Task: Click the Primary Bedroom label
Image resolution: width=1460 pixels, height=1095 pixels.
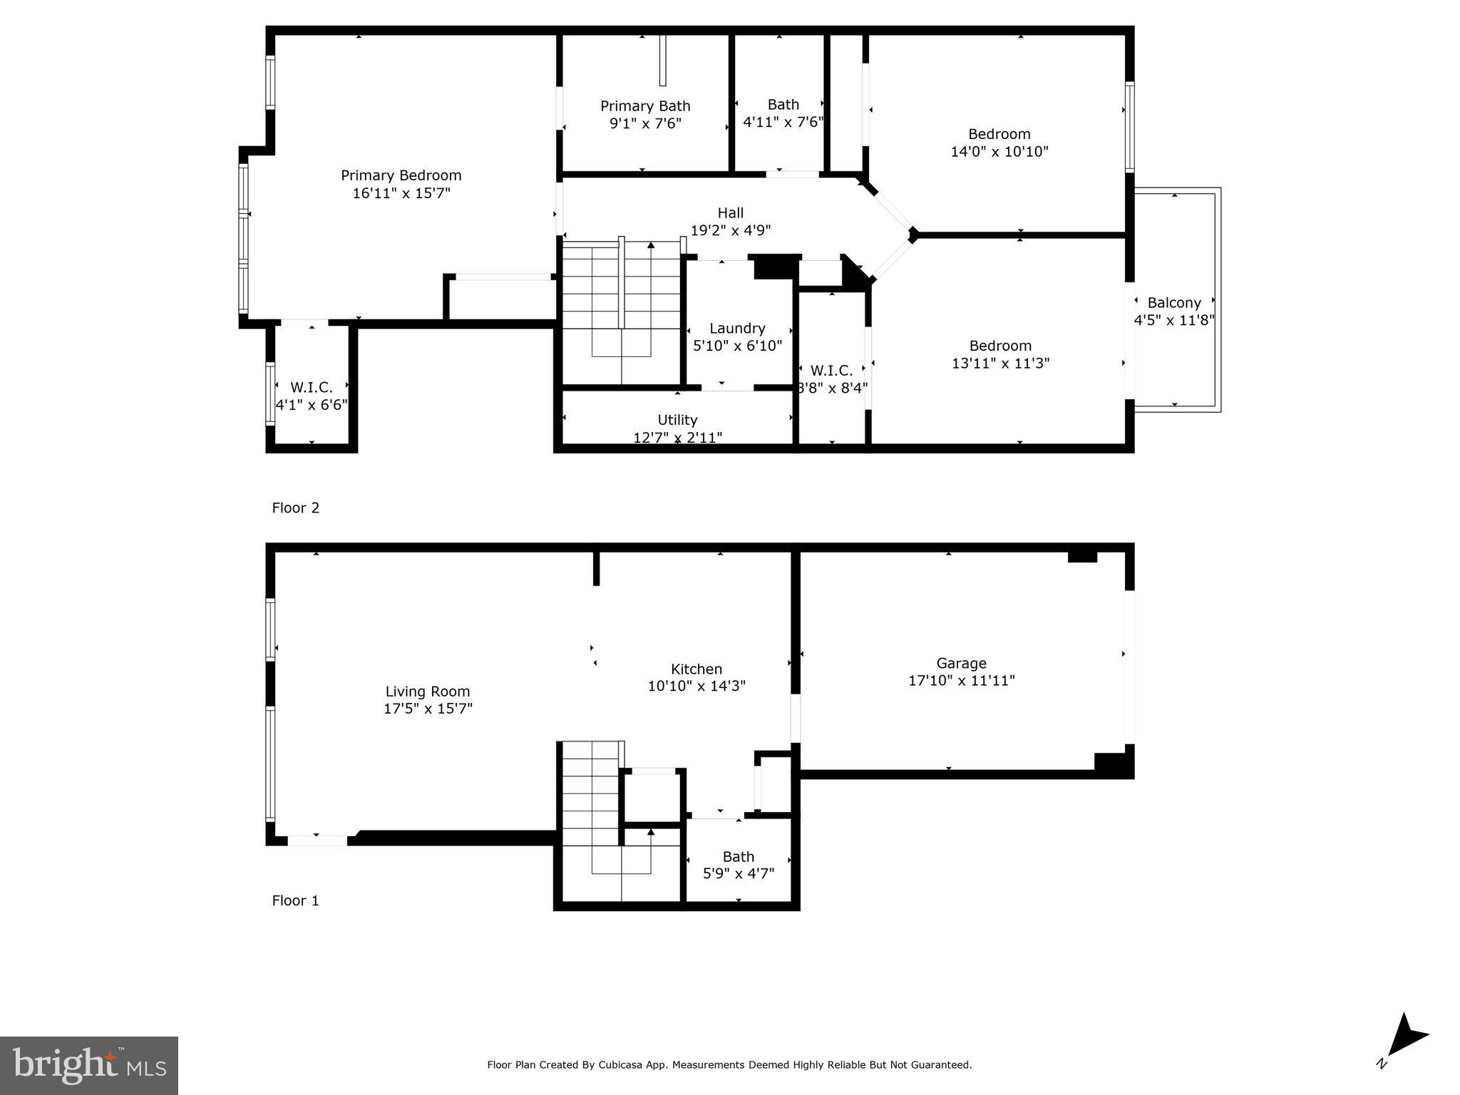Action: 401,175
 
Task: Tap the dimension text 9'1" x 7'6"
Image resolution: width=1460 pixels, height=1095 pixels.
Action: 644,123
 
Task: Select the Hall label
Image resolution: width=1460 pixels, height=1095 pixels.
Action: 730,212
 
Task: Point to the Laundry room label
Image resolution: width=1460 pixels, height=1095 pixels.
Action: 737,329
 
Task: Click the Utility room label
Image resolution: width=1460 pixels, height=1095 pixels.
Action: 677,420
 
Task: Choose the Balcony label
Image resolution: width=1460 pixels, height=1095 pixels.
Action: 1173,303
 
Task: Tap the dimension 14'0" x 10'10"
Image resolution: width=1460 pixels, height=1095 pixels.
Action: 999,152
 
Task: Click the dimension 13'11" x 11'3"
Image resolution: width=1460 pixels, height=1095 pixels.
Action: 1000,364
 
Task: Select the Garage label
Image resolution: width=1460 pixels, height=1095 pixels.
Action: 961,663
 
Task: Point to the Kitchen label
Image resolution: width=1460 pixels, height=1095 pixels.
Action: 696,669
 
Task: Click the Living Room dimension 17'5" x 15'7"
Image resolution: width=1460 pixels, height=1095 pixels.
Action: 428,709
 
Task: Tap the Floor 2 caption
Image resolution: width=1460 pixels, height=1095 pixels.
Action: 295,508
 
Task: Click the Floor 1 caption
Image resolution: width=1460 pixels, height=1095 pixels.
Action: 295,900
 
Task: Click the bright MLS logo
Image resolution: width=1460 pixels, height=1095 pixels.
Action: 88,1065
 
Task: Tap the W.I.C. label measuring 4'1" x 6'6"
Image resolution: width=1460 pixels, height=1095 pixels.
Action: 312,388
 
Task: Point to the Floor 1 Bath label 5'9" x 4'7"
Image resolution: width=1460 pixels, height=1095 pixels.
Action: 738,857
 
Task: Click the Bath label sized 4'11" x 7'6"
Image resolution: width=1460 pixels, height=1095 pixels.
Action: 783,105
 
